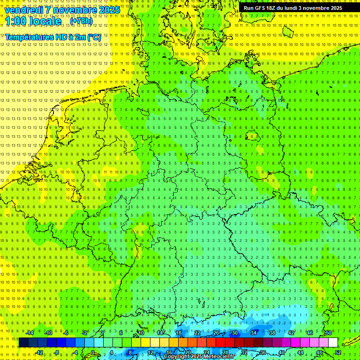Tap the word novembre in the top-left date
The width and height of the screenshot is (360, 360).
[x=73, y=10]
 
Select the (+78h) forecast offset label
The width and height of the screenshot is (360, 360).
[x=81, y=21]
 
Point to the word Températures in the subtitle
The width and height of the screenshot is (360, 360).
[x=29, y=37]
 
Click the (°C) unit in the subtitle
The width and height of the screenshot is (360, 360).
[x=94, y=37]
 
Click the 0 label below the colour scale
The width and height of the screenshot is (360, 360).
[x=93, y=352]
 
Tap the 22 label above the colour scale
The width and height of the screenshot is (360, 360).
[x=197, y=333]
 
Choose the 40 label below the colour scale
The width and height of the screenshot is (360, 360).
[x=282, y=352]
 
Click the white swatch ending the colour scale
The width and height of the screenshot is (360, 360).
[x=333, y=343]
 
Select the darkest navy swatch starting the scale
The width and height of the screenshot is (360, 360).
[x=23, y=343]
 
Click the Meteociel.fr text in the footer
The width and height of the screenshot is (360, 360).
[x=219, y=357]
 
